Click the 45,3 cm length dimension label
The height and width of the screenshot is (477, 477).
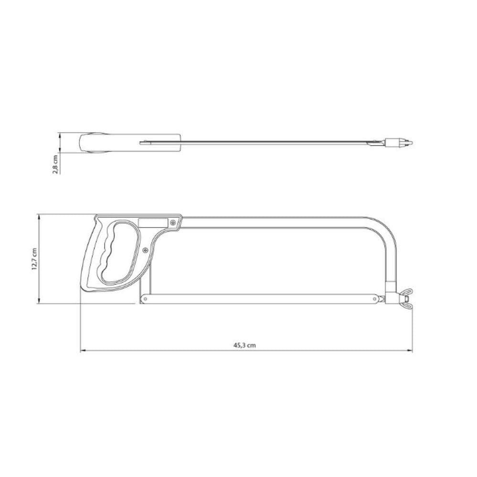[245, 345]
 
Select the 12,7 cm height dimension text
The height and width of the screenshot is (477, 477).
[34, 259]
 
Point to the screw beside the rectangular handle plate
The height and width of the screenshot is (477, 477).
[172, 221]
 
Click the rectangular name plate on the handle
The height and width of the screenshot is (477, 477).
[153, 222]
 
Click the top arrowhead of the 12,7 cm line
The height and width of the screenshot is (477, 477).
[38, 217]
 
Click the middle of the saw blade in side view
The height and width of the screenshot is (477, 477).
[262, 299]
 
